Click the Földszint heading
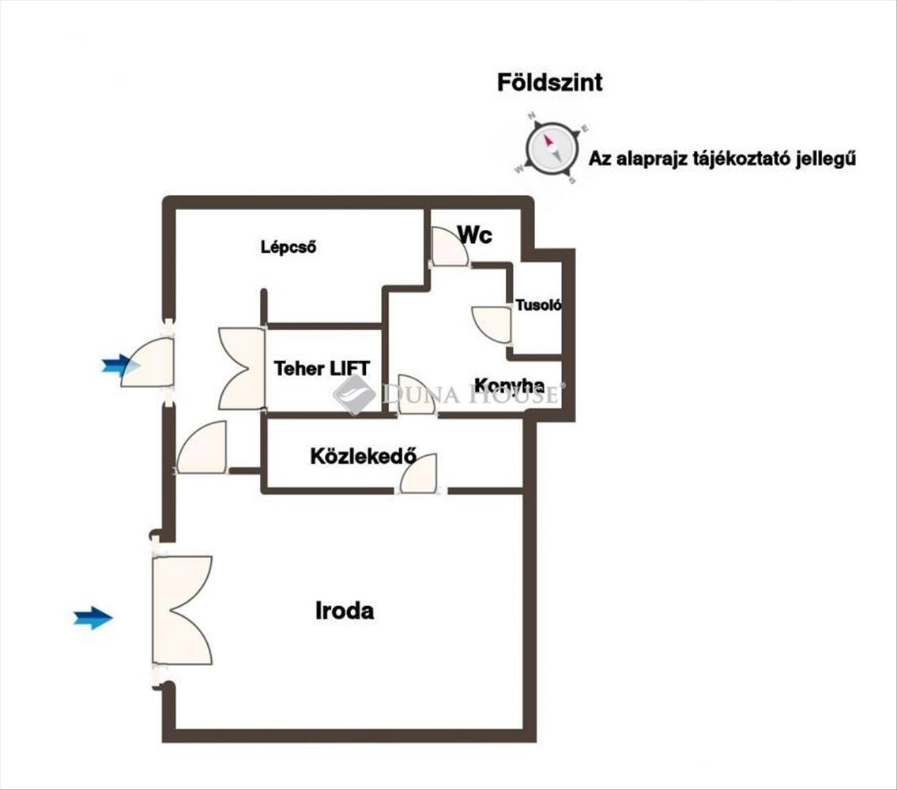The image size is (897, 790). (549, 82)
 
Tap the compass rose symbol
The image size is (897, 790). (551, 149)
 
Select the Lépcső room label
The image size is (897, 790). (288, 246)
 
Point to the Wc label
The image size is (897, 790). (475, 235)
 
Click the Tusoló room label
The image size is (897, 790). (537, 305)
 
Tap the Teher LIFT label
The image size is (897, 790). (322, 368)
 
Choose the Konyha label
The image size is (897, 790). (509, 386)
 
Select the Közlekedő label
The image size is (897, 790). (363, 456)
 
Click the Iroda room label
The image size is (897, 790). (345, 611)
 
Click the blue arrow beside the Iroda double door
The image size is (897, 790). (92, 618)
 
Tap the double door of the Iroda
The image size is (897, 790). (183, 610)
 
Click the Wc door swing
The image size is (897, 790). (449, 246)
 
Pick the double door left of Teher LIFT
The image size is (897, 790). (241, 368)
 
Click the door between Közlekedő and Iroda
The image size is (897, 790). (419, 474)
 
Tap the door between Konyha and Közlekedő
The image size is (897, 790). (416, 395)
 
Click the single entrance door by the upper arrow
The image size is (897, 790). (149, 362)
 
